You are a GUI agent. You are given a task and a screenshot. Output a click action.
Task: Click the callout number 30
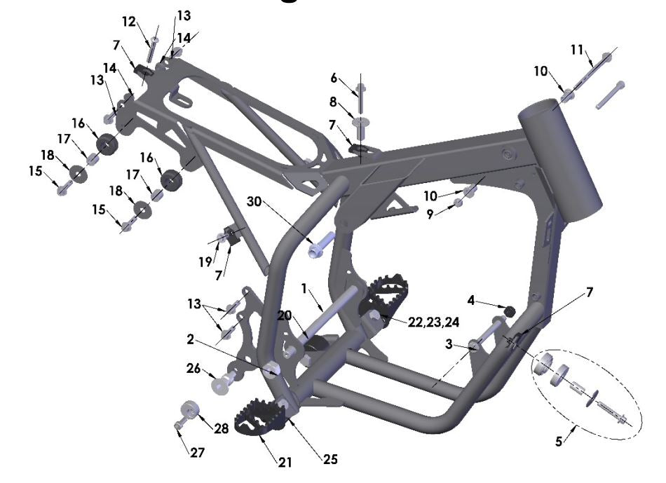tap(256, 201)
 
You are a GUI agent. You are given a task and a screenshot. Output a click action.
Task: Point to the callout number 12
tap(128, 22)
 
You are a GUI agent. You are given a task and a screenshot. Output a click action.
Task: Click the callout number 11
tap(577, 49)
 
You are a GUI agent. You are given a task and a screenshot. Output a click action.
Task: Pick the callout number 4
tap(473, 301)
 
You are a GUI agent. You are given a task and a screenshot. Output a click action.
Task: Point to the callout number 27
tap(198, 453)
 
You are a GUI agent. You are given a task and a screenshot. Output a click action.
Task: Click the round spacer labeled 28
tap(188, 409)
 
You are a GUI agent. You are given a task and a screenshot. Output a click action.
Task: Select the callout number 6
tap(334, 77)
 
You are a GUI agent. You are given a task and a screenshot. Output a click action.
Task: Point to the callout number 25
tap(330, 460)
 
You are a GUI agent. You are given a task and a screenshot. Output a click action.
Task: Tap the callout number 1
tap(304, 288)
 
